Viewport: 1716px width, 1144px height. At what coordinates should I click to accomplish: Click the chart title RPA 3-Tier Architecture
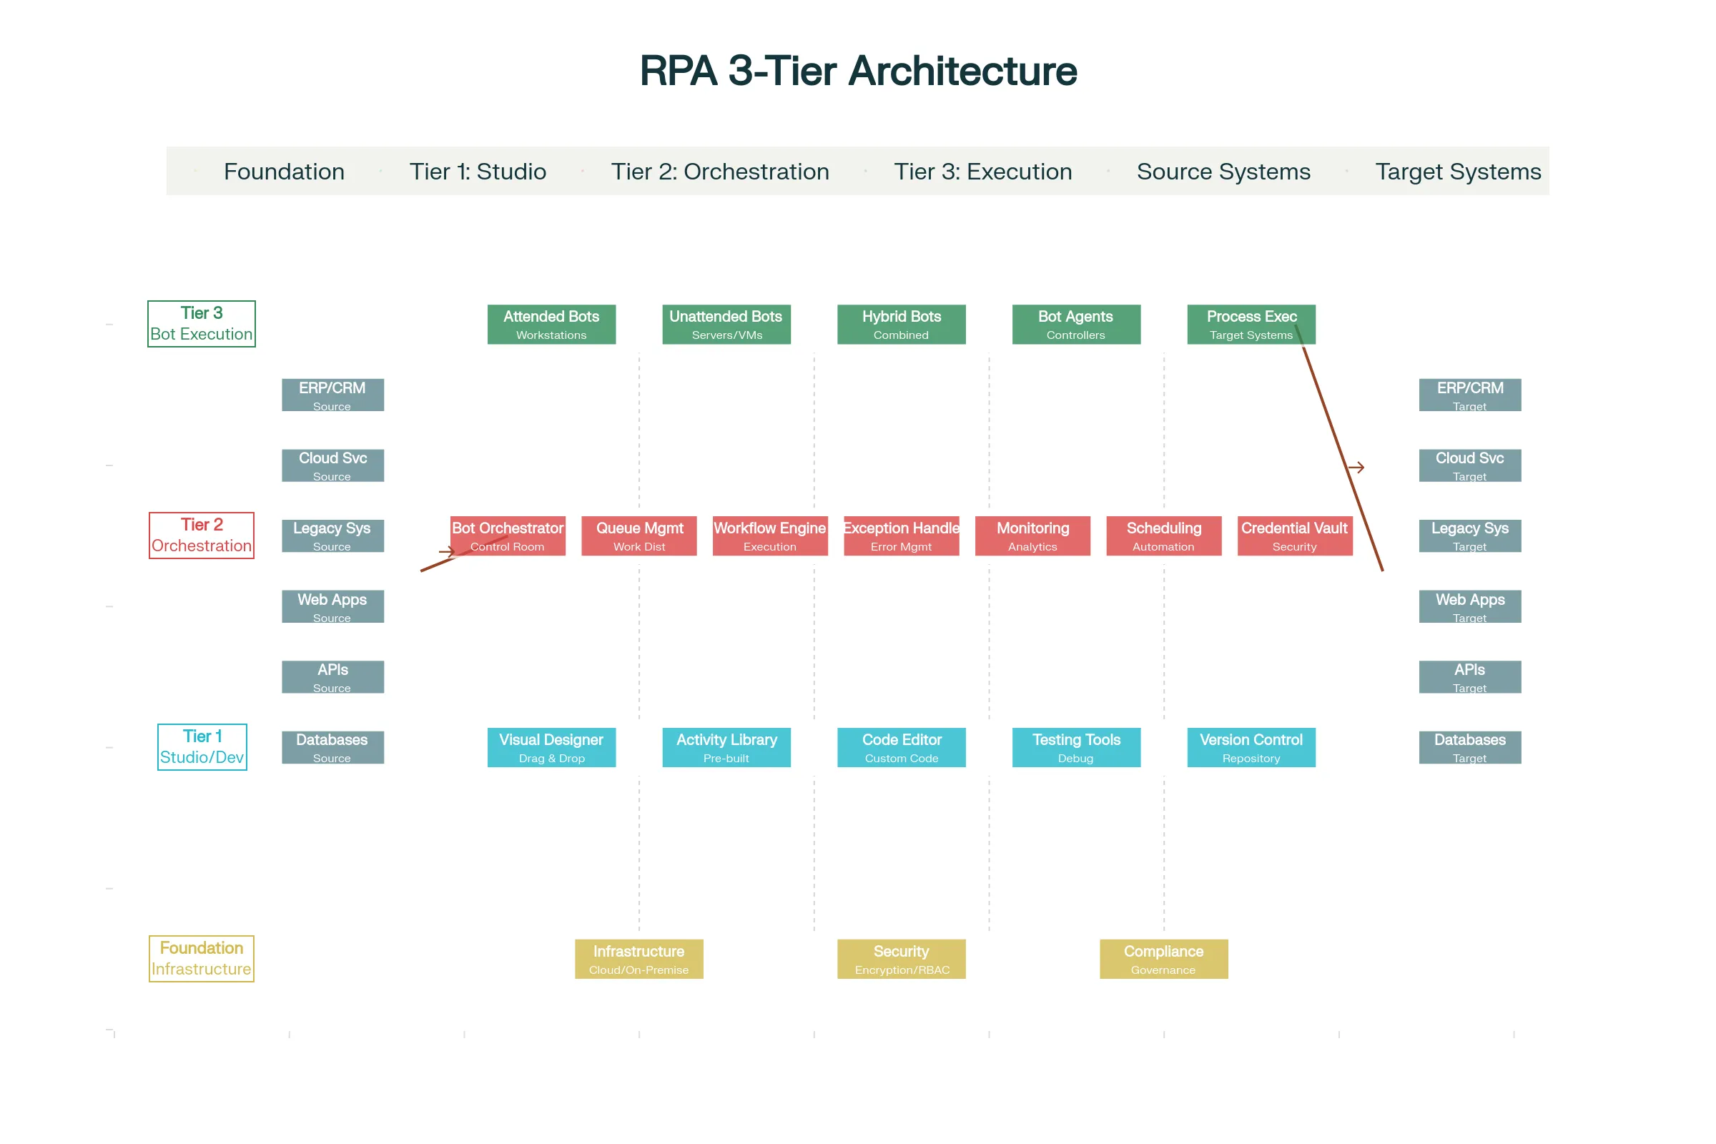pyautogui.click(x=858, y=71)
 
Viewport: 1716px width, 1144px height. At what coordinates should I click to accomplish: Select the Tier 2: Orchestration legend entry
pyautogui.click(x=719, y=172)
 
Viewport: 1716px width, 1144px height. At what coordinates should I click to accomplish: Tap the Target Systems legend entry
pyautogui.click(x=1458, y=172)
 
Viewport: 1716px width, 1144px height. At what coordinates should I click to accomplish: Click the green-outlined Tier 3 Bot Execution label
pyautogui.click(x=202, y=324)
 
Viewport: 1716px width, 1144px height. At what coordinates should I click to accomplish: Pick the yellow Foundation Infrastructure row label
pyautogui.click(x=202, y=959)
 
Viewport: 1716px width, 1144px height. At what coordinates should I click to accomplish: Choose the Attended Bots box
pyautogui.click(x=551, y=325)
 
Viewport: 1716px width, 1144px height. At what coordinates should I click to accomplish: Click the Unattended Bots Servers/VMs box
pyautogui.click(x=726, y=325)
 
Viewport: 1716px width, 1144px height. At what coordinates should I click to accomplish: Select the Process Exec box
pyautogui.click(x=1251, y=325)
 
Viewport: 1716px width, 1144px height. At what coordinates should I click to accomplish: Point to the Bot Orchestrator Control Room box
pyautogui.click(x=508, y=536)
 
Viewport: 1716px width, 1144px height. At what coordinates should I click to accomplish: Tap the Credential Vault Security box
pyautogui.click(x=1295, y=536)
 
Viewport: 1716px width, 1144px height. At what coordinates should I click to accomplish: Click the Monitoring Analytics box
pyautogui.click(x=1032, y=536)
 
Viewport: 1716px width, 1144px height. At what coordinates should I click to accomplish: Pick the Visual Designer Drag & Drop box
pyautogui.click(x=551, y=748)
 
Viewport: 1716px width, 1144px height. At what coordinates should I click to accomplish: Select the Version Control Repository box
pyautogui.click(x=1251, y=748)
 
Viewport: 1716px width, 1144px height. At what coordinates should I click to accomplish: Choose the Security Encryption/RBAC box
pyautogui.click(x=901, y=960)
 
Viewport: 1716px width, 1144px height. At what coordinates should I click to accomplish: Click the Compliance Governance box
pyautogui.click(x=1164, y=960)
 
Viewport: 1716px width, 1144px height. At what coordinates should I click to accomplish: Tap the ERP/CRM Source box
pyautogui.click(x=332, y=395)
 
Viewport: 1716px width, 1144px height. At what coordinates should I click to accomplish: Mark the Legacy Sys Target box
pyautogui.click(x=1470, y=536)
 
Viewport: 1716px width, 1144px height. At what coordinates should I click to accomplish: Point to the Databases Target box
pyautogui.click(x=1470, y=748)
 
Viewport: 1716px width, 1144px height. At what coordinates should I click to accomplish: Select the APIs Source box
pyautogui.click(x=332, y=677)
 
